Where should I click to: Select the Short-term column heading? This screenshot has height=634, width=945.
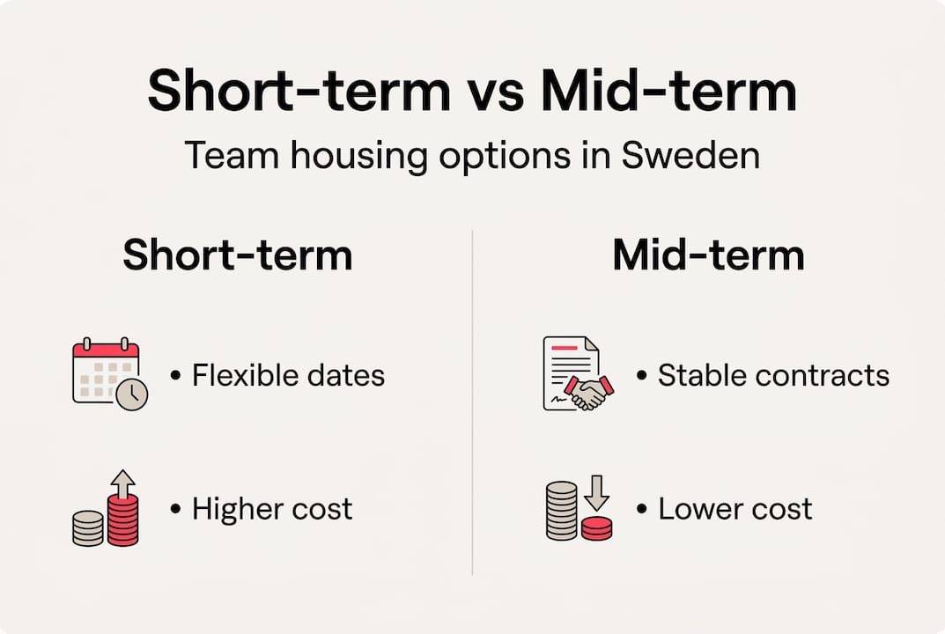coord(238,255)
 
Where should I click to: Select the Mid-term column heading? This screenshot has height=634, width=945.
coord(708,255)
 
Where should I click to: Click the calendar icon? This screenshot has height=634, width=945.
coord(105,371)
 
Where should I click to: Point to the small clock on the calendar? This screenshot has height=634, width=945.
coord(132,395)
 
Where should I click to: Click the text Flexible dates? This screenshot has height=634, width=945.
coord(288,376)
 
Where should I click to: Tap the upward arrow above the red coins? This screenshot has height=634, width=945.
coord(124,483)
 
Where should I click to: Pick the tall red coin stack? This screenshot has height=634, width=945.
coord(122,520)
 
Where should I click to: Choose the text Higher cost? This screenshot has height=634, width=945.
coord(272,509)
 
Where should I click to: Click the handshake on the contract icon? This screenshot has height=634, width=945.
coord(587,391)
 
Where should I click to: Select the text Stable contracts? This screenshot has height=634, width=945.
coord(773,376)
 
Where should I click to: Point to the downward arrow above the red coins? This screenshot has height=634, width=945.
coord(596,493)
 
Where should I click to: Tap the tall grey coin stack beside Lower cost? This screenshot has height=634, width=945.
coord(561,511)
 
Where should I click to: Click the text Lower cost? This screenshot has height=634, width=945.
coord(735,509)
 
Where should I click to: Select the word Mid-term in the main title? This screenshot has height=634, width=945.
coord(668,91)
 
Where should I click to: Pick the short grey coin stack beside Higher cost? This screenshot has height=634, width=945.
coord(88,528)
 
